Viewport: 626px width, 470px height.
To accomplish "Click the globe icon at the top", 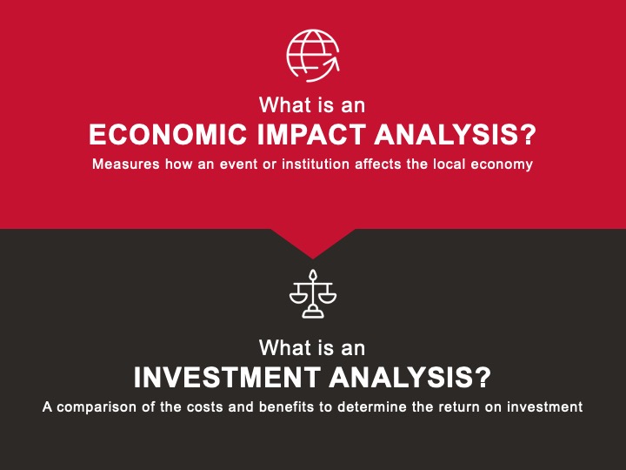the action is click(x=313, y=56).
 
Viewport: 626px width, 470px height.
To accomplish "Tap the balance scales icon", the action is click(x=313, y=294).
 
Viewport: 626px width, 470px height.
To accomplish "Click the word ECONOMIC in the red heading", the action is click(x=168, y=134).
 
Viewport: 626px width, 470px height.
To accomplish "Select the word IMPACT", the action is click(x=311, y=134).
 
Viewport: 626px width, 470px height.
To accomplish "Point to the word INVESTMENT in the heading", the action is click(x=227, y=377).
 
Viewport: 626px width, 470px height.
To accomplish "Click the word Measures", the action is click(x=126, y=164).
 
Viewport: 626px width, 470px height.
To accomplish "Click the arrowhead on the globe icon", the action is click(x=332, y=64).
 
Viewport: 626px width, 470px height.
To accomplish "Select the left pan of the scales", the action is click(x=298, y=299).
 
